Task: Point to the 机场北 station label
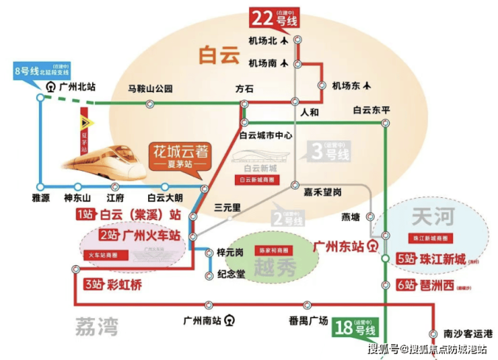262,40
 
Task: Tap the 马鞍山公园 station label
151,88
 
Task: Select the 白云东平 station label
371,110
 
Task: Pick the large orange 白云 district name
219,55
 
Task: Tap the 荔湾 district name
94,327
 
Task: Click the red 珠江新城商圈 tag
429,239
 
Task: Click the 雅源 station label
41,199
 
